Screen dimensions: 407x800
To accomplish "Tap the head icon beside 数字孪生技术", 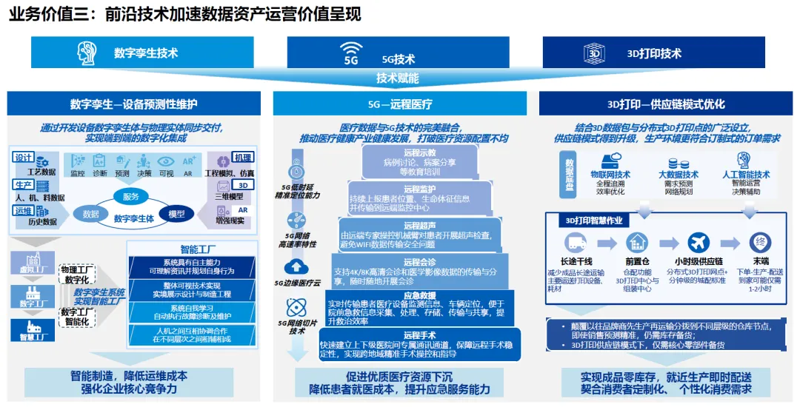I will pyautogui.click(x=88, y=53).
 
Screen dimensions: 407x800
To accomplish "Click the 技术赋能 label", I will pyautogui.click(x=398, y=78).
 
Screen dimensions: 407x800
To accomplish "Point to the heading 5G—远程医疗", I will pyautogui.click(x=400, y=104).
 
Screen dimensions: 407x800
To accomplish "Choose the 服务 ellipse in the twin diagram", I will pyautogui.click(x=131, y=196).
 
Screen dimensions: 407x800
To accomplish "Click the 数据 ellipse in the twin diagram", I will pyautogui.click(x=91, y=214).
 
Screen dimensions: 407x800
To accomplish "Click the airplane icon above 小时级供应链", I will pyautogui.click(x=699, y=242).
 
